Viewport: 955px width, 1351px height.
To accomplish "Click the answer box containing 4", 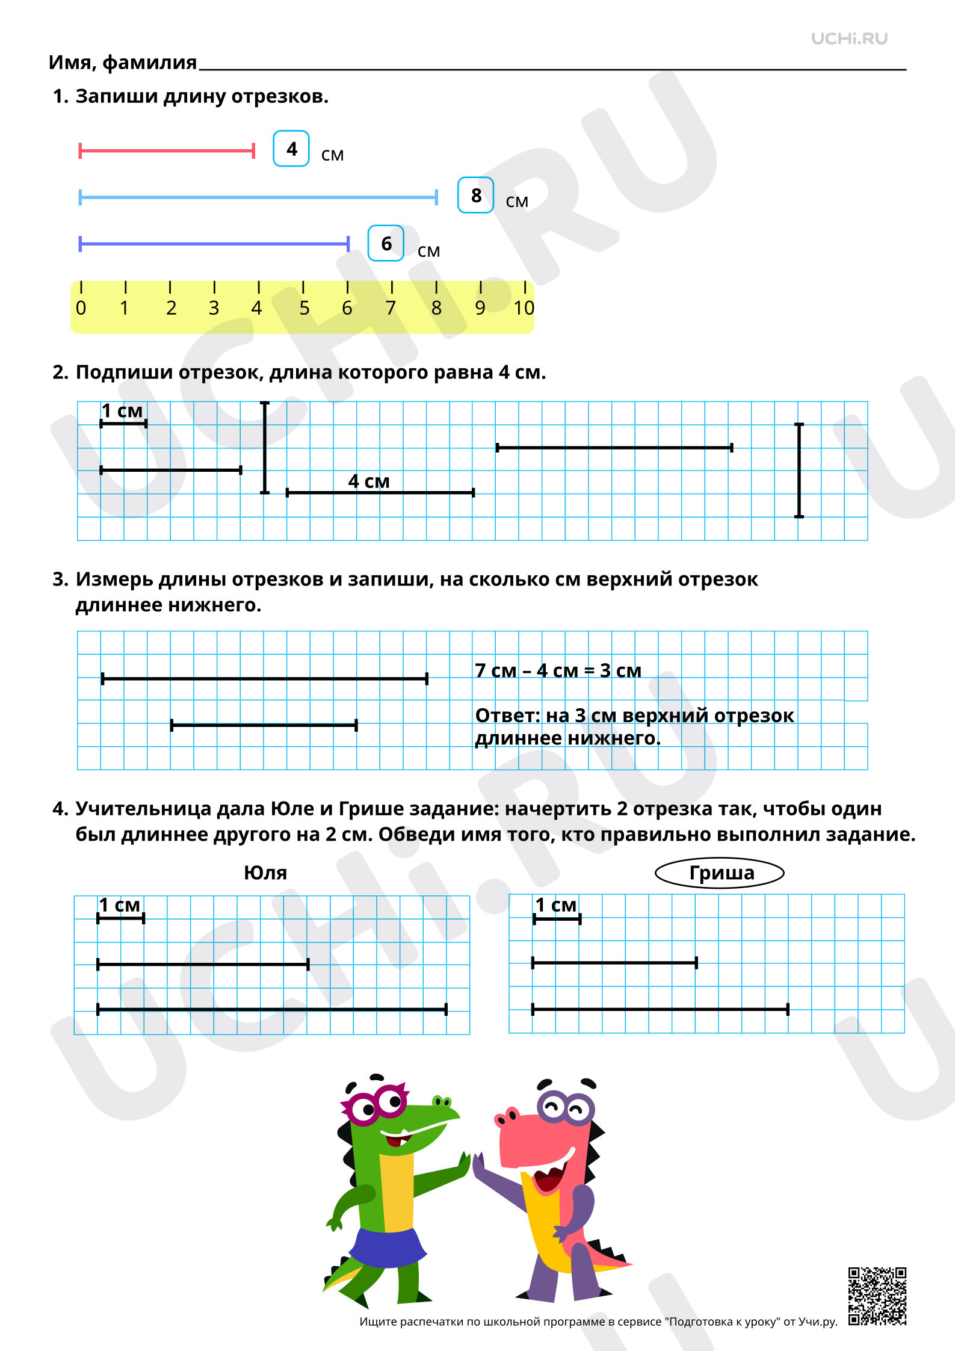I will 291,149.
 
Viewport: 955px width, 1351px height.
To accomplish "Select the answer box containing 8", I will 475,195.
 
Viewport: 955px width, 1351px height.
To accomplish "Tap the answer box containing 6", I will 386,243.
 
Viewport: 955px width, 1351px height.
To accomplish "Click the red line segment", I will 167,150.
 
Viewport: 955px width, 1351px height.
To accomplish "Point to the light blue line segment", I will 258,197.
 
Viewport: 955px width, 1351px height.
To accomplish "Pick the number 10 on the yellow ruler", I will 524,308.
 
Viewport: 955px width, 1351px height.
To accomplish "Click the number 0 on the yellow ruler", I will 81,308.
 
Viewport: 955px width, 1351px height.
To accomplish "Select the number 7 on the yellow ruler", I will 391,308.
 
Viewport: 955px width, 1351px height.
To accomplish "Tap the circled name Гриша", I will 721,873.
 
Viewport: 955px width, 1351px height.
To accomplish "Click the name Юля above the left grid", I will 265,873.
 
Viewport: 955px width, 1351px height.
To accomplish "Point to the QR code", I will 877,1296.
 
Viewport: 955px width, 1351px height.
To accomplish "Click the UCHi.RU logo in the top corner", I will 849,39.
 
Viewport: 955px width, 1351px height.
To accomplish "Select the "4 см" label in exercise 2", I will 369,481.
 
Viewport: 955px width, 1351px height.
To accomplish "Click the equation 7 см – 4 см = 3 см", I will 558,670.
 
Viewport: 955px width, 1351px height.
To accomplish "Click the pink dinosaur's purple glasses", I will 566,1107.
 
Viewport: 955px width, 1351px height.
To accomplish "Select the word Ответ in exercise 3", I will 507,716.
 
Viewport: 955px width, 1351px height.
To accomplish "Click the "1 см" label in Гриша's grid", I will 556,905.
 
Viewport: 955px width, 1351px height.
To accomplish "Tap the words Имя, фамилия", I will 123,63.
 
